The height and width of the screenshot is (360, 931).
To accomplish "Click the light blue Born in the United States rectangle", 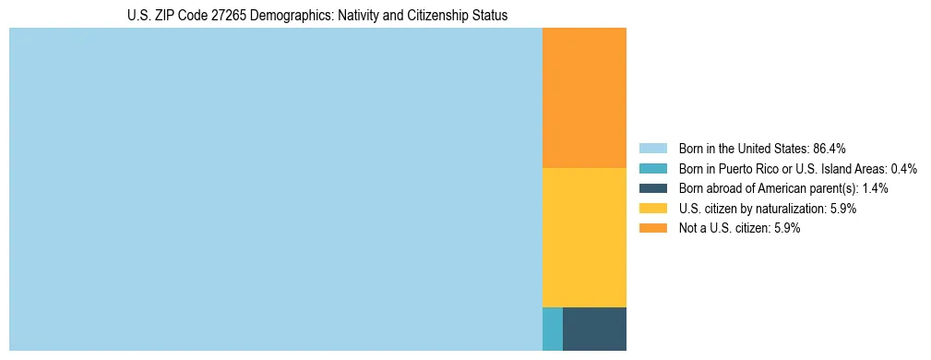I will [x=275, y=189].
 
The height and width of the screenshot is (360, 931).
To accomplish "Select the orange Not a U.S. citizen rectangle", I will [x=584, y=98].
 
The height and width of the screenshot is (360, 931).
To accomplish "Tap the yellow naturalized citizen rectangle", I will [x=584, y=237].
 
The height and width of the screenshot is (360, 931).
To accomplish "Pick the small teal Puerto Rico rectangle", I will [x=552, y=329].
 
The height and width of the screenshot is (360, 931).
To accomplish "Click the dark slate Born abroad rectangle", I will [x=594, y=329].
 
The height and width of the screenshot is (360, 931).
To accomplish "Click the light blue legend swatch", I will [x=652, y=149].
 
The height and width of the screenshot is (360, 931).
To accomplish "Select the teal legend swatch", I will [x=652, y=169].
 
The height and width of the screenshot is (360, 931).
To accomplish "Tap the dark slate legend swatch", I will [x=652, y=188].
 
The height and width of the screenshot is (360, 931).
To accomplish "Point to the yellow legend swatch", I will [x=652, y=209].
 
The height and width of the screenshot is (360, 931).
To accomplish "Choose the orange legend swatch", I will [x=652, y=229].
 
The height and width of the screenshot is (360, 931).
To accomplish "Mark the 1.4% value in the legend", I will [x=875, y=188].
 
